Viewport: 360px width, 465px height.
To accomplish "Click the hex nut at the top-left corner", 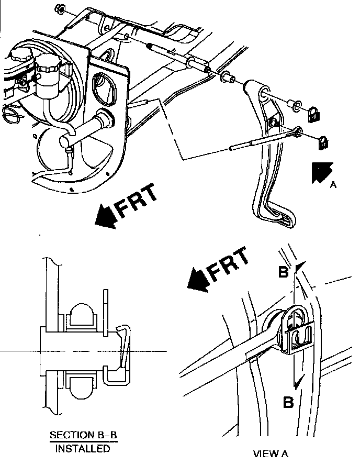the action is [59, 9].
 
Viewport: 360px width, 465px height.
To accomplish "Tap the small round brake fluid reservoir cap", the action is [48, 63].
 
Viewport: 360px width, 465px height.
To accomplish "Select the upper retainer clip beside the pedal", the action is [313, 114].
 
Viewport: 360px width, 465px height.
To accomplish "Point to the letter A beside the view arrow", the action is [333, 185].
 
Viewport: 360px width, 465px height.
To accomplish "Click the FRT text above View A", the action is [228, 265].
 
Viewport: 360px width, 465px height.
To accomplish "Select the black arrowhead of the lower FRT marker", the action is [198, 281].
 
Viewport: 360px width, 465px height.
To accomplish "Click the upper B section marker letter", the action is [283, 271].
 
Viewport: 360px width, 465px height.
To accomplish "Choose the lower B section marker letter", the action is [288, 403].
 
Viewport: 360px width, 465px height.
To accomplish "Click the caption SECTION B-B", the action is [83, 435].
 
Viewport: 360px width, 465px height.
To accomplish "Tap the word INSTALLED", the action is [83, 448].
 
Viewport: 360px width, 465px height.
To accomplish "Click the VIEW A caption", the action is [271, 453].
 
